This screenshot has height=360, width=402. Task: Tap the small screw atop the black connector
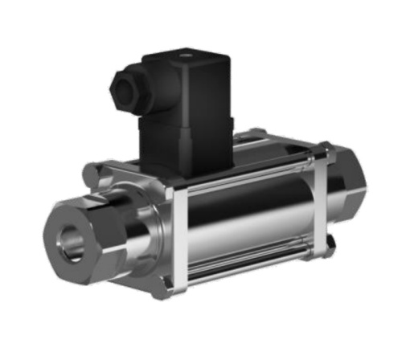[186, 57]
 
